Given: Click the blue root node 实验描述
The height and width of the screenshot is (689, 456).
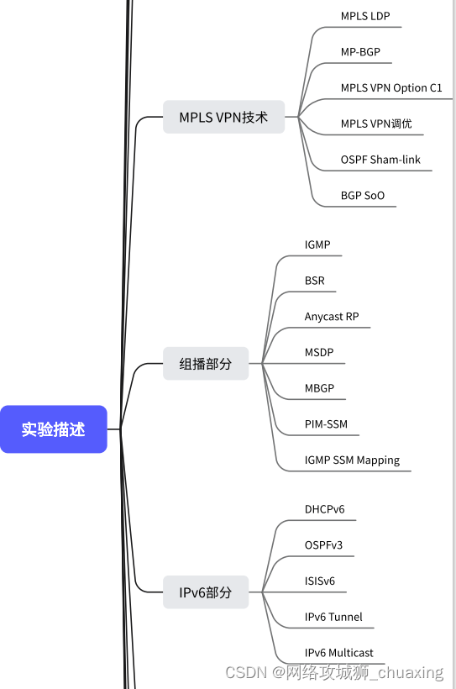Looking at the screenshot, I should click(54, 429).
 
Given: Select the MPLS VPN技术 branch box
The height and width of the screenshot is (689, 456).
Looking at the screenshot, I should click(223, 118).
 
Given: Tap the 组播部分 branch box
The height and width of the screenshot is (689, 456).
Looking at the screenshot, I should click(206, 364).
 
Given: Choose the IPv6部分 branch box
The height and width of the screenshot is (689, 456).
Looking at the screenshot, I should click(206, 592).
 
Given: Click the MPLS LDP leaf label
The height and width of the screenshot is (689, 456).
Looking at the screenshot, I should click(365, 16).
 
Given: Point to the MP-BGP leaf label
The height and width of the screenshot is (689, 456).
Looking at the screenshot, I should click(360, 52).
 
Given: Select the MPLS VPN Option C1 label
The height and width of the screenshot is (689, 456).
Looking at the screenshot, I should click(391, 87).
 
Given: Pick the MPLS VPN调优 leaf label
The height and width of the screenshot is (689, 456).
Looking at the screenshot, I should click(376, 124).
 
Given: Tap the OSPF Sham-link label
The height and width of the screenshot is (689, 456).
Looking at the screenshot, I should click(380, 160).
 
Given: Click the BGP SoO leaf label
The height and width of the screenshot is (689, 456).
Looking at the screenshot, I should click(363, 196).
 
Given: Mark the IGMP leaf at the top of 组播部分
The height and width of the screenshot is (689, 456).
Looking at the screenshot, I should click(317, 245).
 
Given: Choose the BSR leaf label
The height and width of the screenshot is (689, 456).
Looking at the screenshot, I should click(315, 281).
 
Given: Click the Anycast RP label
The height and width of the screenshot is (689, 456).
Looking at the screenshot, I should click(332, 317).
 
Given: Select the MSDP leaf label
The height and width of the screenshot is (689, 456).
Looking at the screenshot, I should click(319, 352).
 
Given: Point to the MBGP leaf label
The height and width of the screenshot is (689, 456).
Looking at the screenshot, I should click(319, 388).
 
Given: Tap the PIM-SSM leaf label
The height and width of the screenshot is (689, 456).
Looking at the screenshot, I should click(326, 424).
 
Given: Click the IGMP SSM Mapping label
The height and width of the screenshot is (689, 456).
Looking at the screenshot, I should click(352, 460).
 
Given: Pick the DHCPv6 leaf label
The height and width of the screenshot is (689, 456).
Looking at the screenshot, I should click(324, 509).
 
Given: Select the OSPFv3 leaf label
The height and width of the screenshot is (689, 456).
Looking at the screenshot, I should click(323, 545).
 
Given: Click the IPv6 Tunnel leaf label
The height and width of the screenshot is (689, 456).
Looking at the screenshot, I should click(333, 617).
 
